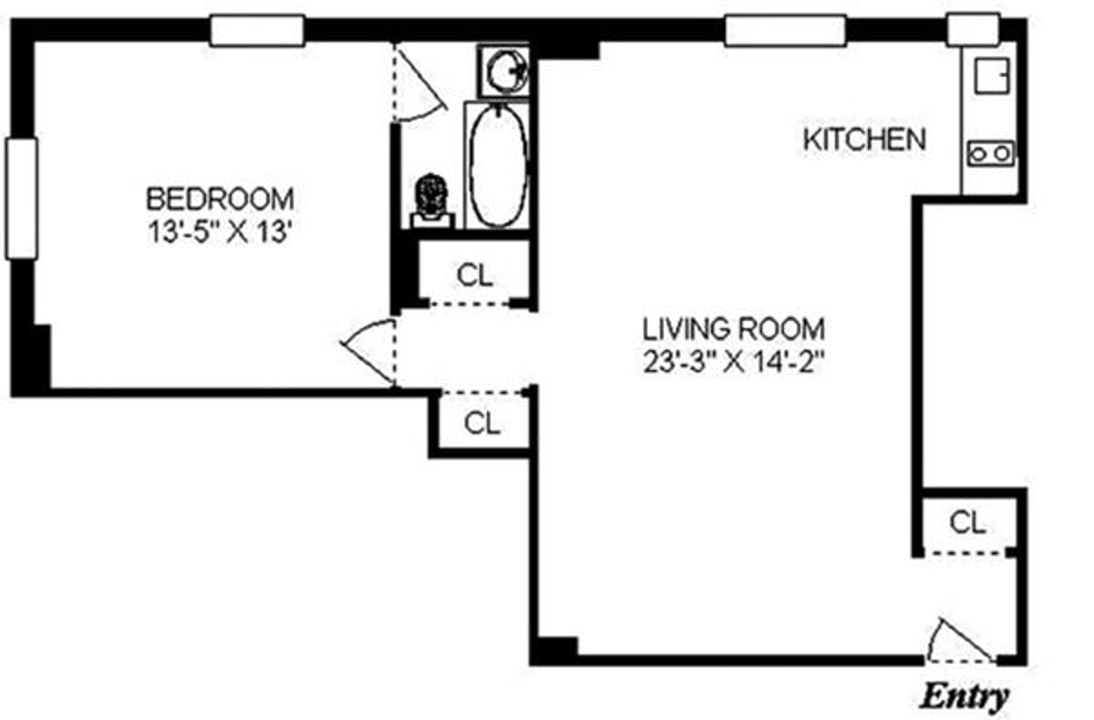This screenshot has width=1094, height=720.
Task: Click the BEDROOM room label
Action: (221, 197)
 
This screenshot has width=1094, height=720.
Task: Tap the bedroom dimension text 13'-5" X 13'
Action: (221, 231)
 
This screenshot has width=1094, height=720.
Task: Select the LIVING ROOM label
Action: (734, 328)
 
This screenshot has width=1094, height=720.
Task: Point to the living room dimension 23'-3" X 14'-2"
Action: (734, 362)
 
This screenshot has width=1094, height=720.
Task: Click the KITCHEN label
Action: (864, 139)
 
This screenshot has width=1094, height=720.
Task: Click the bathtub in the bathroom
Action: (498, 165)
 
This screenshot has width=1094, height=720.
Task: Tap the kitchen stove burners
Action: (991, 152)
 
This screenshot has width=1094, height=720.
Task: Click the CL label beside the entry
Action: (967, 522)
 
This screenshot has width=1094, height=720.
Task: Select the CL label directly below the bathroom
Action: (475, 275)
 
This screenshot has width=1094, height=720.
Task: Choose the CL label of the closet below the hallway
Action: (482, 423)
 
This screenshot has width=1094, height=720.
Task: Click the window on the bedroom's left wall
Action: (21, 199)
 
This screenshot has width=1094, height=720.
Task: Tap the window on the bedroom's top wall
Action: (256, 30)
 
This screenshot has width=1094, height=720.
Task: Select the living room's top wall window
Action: (785, 30)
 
